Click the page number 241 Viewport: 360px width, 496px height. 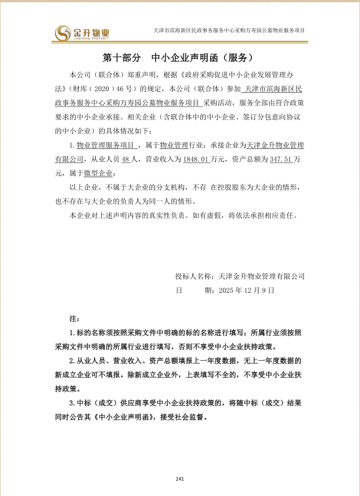(x=180, y=479)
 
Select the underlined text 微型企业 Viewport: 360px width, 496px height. (x=102, y=173)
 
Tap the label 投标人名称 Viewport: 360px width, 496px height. (x=195, y=276)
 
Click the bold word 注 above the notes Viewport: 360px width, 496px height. (x=72, y=320)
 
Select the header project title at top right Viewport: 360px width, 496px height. (x=230, y=29)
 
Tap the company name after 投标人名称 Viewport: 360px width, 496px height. (x=262, y=276)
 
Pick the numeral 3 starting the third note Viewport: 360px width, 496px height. (x=71, y=403)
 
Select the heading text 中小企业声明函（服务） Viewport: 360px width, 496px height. (x=206, y=58)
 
